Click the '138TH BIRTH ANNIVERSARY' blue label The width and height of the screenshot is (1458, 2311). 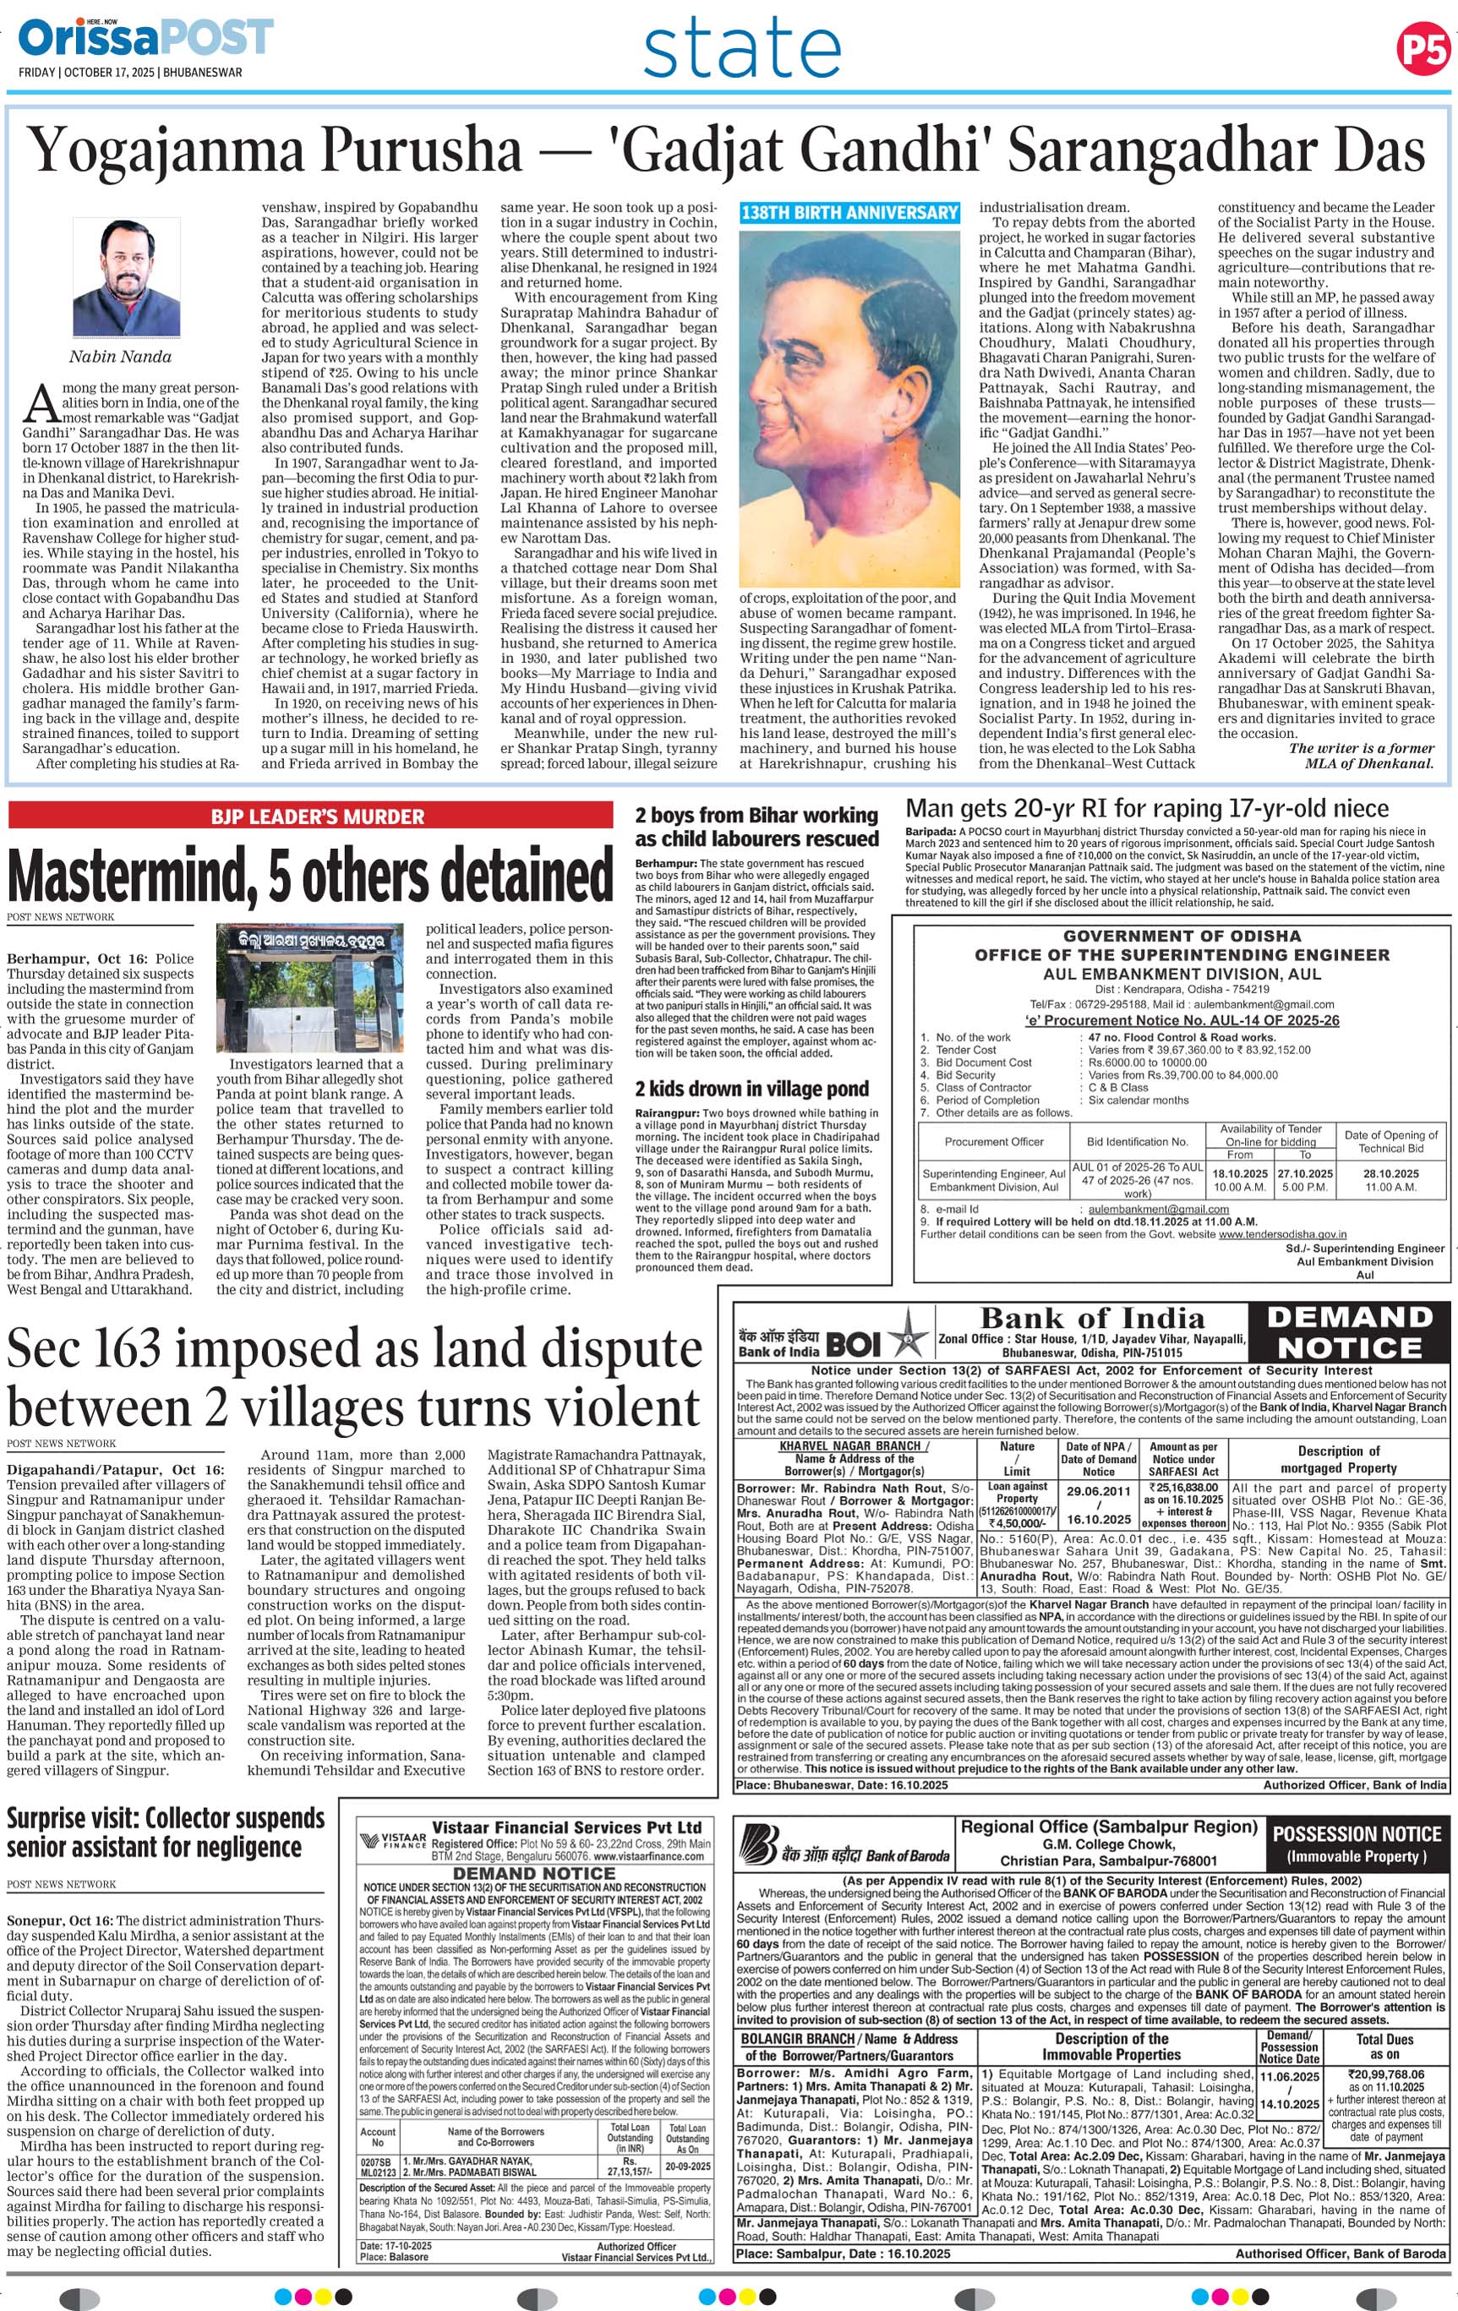[849, 213]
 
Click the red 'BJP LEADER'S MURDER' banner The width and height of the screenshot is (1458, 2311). [317, 817]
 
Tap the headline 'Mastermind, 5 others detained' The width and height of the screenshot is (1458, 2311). [310, 874]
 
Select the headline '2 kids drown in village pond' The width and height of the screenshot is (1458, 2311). [751, 1089]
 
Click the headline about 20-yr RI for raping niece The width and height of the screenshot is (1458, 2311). [1147, 807]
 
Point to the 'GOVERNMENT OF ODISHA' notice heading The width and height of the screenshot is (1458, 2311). [1182, 935]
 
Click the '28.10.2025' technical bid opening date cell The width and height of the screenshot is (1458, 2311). [1391, 1179]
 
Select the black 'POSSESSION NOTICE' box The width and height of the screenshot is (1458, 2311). [1357, 1843]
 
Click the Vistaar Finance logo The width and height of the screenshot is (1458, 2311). [392, 1842]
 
